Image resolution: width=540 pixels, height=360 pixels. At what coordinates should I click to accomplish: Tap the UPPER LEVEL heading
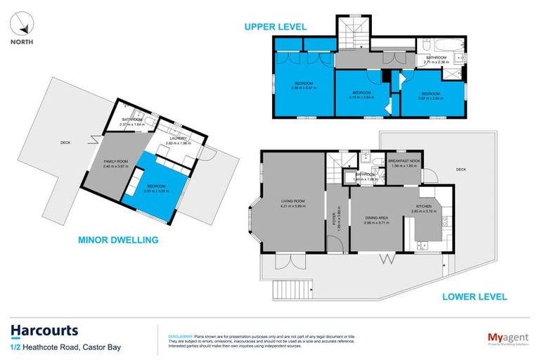275,27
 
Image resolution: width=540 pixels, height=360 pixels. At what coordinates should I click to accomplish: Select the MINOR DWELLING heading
117,240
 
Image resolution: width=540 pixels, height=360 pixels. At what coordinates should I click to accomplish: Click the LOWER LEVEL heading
474,297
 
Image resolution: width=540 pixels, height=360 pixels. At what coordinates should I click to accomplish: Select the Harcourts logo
44,330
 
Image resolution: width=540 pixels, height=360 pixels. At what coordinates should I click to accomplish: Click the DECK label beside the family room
65,143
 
